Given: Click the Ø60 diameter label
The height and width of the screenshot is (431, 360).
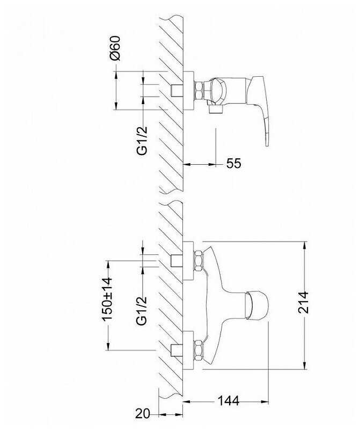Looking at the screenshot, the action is click(115, 48).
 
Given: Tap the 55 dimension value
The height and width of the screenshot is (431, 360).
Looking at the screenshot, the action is click(233, 163).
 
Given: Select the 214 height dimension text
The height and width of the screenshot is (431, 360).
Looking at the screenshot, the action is click(303, 303).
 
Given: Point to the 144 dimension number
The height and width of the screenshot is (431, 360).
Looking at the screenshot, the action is click(229, 401).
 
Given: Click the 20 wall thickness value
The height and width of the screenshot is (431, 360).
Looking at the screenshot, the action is click(143, 413).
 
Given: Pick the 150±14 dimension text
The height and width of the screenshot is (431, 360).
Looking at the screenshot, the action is click(107, 299).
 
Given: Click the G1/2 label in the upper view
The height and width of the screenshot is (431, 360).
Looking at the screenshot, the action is click(142, 141).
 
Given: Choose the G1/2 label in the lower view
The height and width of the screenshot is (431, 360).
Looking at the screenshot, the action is click(142, 311).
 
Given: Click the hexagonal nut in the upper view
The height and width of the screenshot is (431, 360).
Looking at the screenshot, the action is click(199, 91).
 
